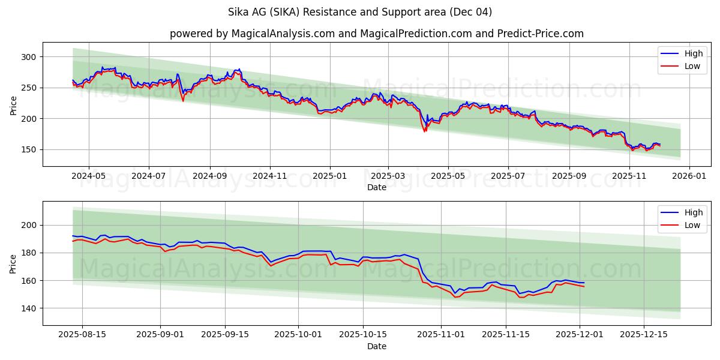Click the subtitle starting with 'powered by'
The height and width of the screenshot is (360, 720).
pyautogui.click(x=376, y=34)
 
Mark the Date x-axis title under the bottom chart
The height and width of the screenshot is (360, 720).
pyautogui.click(x=376, y=347)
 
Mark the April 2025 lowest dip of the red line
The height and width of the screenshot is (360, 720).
pyautogui.click(x=425, y=131)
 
